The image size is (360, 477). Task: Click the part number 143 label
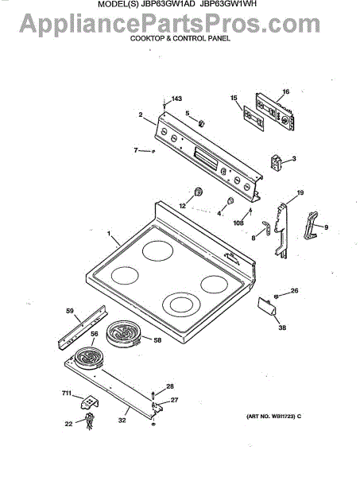[176, 99]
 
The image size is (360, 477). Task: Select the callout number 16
[285, 91]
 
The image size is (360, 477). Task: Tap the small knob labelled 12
[199, 192]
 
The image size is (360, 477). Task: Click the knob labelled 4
[230, 200]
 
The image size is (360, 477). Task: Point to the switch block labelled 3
[276, 161]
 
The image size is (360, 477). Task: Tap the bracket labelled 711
[90, 402]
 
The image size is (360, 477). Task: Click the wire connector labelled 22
[89, 421]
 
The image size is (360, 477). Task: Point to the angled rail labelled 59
[82, 328]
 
